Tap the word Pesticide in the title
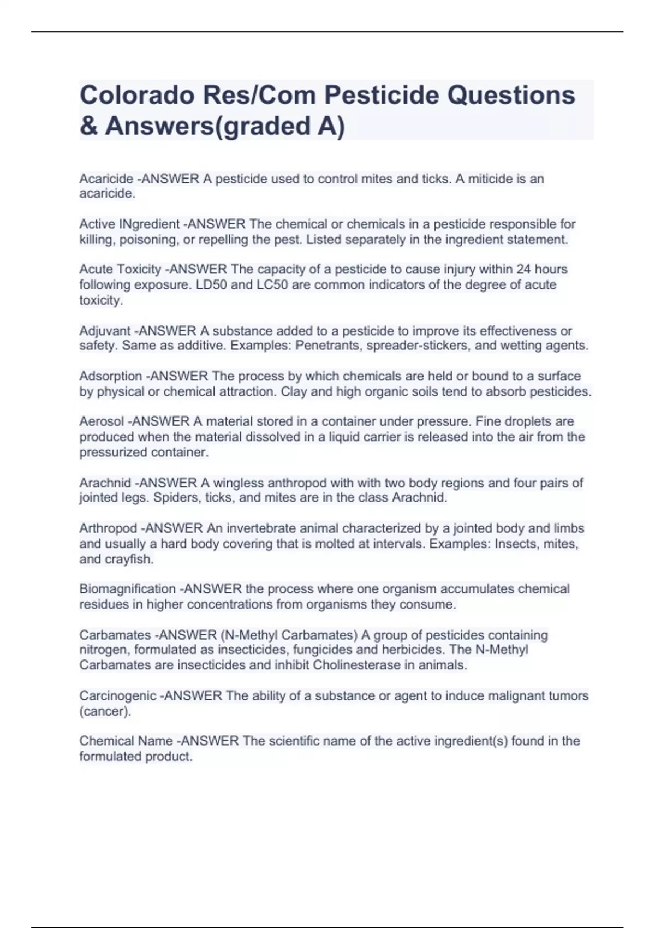click(x=382, y=95)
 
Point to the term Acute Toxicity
click(x=120, y=269)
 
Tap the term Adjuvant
click(x=105, y=331)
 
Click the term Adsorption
click(x=111, y=376)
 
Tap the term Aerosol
click(x=102, y=421)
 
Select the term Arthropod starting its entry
click(x=108, y=528)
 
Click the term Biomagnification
click(x=127, y=589)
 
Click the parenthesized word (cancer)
click(x=105, y=711)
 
